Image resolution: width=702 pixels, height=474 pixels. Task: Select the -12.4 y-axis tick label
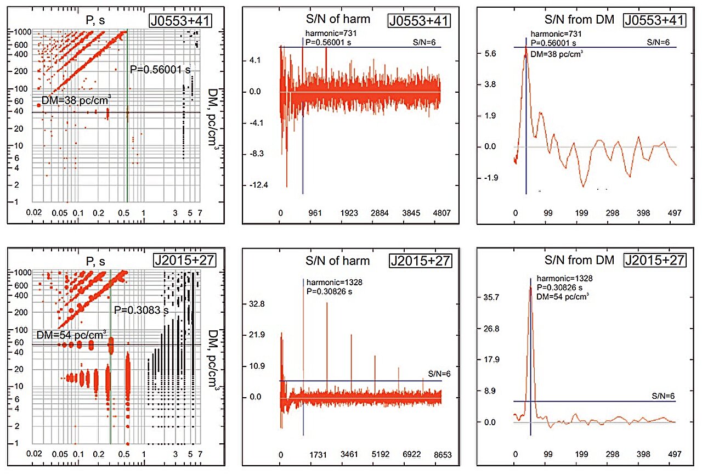pos(258,185)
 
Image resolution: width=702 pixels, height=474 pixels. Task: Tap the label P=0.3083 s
pos(140,311)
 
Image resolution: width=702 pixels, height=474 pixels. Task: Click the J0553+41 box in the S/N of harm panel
pos(420,20)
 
